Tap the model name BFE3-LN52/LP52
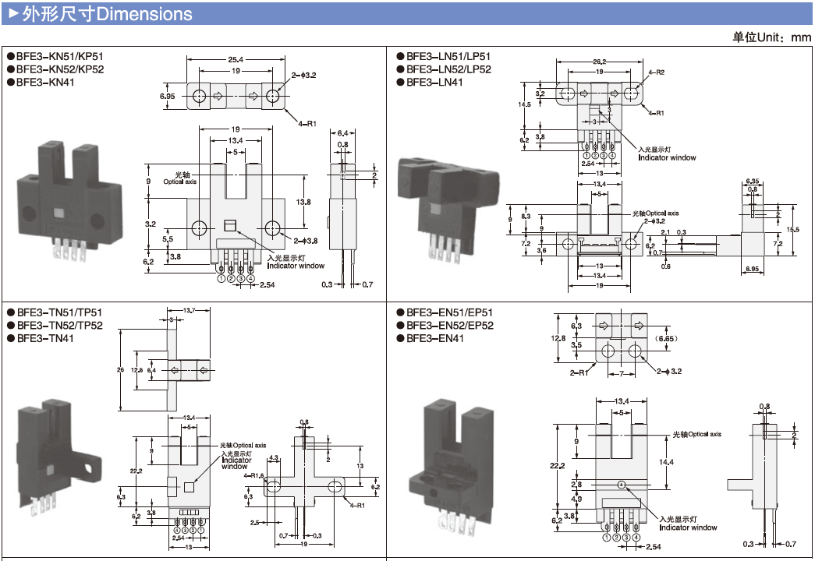coord(448,69)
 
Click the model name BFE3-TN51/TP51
coord(59,312)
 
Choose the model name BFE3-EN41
coord(434,338)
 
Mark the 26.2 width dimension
coord(600,62)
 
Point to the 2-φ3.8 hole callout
coord(305,241)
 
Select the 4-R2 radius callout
coord(656,72)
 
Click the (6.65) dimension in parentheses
coord(667,339)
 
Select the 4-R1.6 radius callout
coord(254,475)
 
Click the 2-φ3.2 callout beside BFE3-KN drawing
coord(304,76)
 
